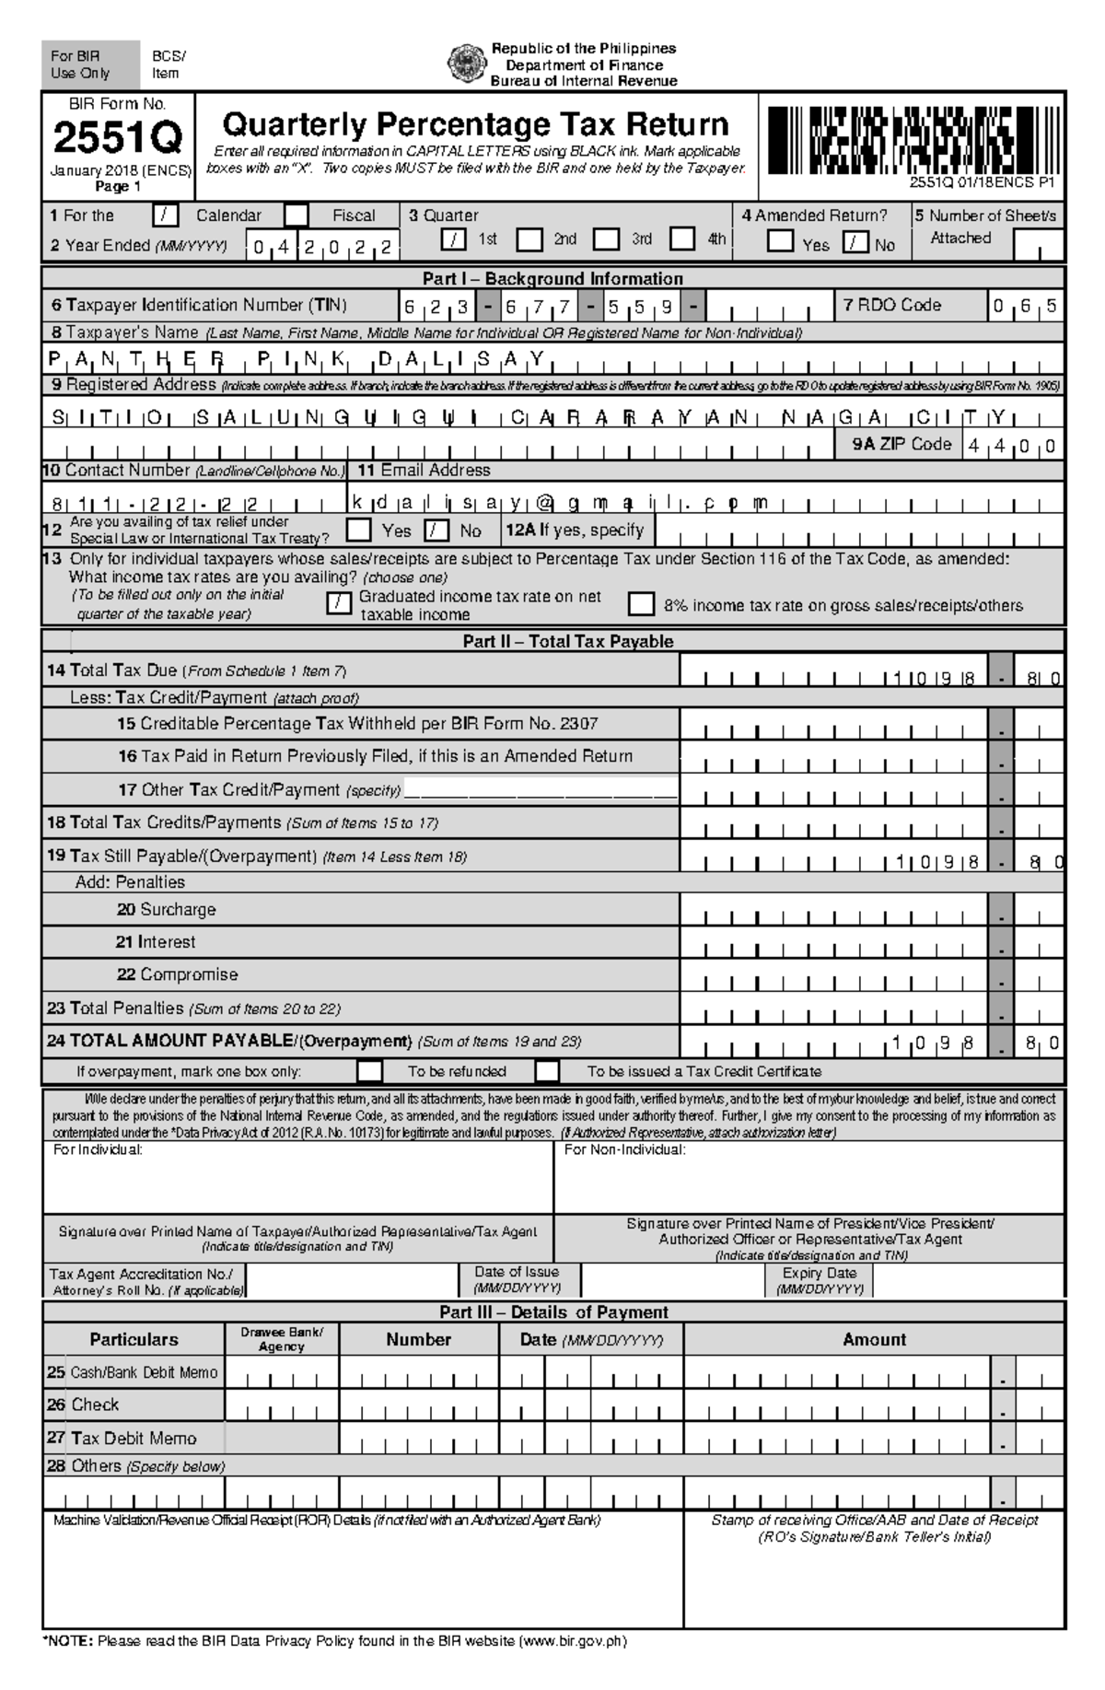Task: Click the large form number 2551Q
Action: [x=118, y=139]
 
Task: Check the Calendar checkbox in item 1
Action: [x=166, y=216]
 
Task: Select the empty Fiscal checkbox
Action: [x=297, y=216]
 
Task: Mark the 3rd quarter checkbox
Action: [x=606, y=239]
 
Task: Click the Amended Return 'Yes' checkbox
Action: [x=781, y=242]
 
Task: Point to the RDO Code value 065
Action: [x=1024, y=307]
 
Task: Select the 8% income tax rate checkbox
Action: [x=642, y=604]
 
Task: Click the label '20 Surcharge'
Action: [x=167, y=909]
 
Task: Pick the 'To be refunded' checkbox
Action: [x=370, y=1071]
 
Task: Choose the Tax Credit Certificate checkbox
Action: [x=547, y=1071]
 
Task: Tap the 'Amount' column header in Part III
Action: [x=874, y=1339]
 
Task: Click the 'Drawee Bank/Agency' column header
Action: [x=282, y=1339]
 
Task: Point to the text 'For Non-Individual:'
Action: [x=624, y=1150]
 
